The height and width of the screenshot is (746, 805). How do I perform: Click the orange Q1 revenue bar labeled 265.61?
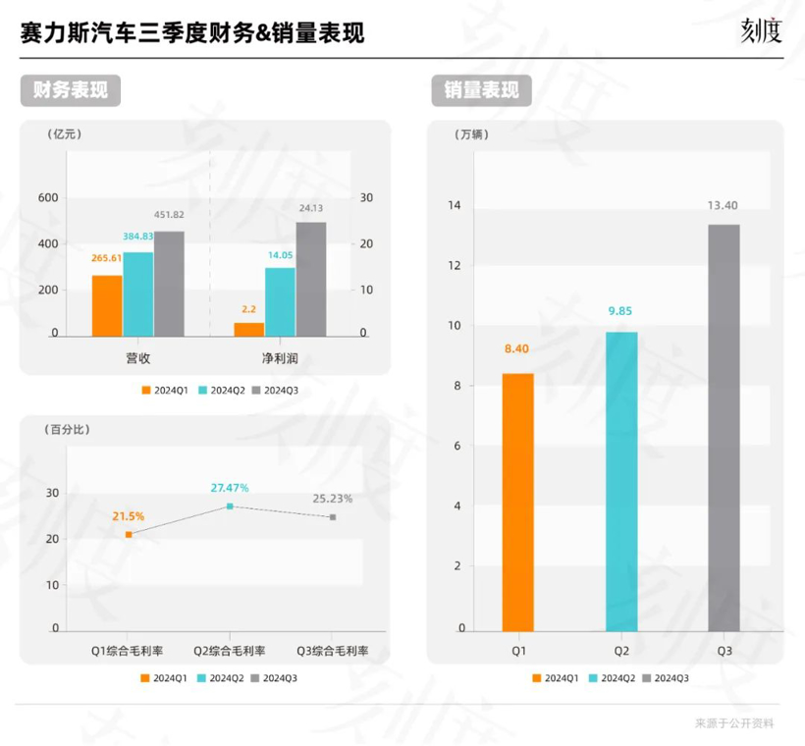click(x=107, y=305)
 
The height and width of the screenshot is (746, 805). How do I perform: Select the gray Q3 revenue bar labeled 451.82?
click(x=169, y=284)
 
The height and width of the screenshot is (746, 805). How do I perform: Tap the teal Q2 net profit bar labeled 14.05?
click(x=280, y=302)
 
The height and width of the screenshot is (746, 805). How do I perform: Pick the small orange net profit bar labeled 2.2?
click(x=249, y=329)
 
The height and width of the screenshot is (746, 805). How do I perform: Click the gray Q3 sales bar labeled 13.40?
click(x=724, y=427)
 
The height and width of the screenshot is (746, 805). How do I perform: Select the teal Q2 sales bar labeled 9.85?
click(x=621, y=481)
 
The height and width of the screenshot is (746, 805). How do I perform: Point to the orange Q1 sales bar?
click(x=517, y=502)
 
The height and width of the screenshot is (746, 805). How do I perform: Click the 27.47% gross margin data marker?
click(x=230, y=506)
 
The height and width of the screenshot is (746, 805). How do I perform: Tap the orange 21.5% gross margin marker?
click(x=129, y=534)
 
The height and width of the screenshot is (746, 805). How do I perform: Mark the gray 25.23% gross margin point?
click(x=333, y=516)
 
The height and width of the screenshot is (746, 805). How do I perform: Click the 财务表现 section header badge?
click(x=65, y=90)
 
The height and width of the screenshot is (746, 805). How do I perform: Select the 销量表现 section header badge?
click(x=481, y=90)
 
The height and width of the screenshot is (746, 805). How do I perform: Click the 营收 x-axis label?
click(x=137, y=359)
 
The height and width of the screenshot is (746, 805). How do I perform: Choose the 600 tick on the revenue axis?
click(x=48, y=197)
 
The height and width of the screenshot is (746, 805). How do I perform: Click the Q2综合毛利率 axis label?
click(x=230, y=651)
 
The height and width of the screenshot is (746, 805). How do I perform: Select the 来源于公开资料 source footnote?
click(x=734, y=723)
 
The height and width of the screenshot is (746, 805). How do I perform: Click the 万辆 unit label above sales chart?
click(x=472, y=133)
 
